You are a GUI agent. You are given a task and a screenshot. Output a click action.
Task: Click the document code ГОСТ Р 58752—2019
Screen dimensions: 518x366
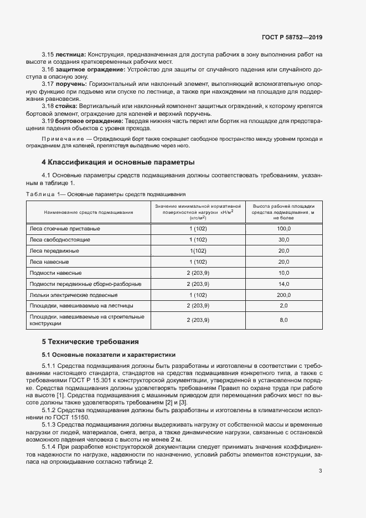click(x=292, y=37)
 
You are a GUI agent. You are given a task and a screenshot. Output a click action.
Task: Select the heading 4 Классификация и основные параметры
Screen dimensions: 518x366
click(x=118, y=162)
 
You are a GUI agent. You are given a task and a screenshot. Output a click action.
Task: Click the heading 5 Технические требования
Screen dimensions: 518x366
click(x=90, y=341)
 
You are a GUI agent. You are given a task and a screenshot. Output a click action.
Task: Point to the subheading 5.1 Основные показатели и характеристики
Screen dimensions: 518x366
click(x=109, y=354)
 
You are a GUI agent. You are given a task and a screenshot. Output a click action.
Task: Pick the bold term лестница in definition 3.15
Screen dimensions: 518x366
click(x=70, y=54)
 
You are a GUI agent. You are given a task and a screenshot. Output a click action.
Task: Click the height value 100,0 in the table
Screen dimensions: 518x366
click(x=283, y=228)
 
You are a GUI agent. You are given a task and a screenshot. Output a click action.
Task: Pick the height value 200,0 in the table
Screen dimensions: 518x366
click(x=283, y=295)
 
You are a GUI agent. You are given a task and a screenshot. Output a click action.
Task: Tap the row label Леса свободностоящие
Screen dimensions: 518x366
click(x=60, y=239)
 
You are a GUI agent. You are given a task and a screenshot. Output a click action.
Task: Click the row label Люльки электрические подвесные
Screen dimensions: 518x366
click(x=73, y=295)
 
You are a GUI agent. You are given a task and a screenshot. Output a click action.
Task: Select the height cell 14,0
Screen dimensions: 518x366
click(x=283, y=284)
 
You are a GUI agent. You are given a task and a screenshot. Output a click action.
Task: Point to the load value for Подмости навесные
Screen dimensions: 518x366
click(x=198, y=273)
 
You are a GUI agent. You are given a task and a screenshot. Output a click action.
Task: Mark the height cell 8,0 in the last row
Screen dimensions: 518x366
click(x=283, y=320)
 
